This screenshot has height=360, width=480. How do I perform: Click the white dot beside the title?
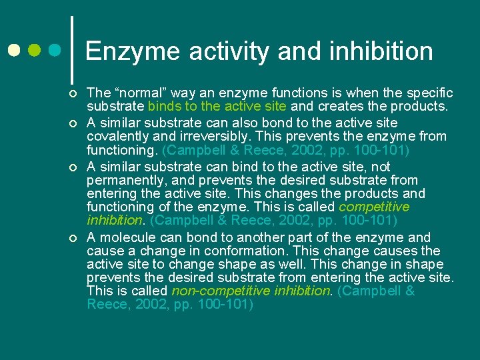pyautogui.click(x=13, y=51)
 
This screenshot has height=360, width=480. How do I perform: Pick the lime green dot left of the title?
pyautogui.click(x=35, y=51)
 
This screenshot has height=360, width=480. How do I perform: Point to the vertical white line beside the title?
pyautogui.click(x=71, y=45)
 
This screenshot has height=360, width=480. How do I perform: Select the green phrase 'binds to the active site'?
pyautogui.click(x=217, y=106)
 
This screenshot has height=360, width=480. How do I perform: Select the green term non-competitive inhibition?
pyautogui.click(x=251, y=291)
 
